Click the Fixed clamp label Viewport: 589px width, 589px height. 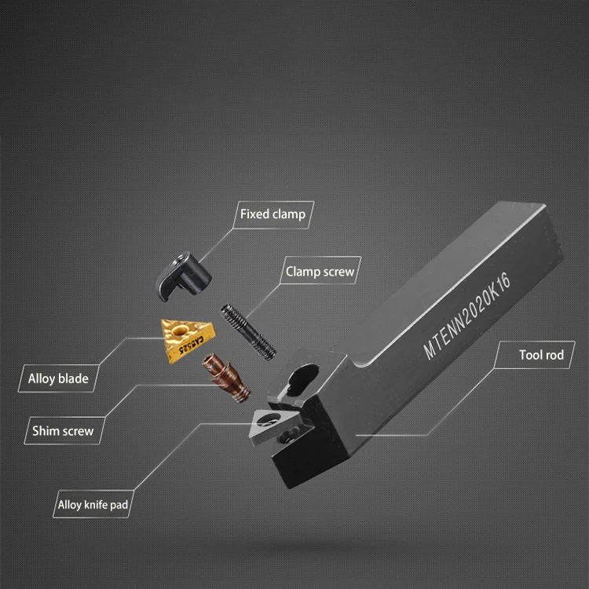pos(273,214)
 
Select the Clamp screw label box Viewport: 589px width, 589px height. pos(320,273)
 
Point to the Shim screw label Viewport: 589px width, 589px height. pos(63,430)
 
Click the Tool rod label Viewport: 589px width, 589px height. pos(541,355)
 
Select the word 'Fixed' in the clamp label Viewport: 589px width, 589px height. pos(254,214)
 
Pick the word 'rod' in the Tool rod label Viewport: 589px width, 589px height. pos(553,355)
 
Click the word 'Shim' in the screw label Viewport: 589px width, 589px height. pos(46,430)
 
